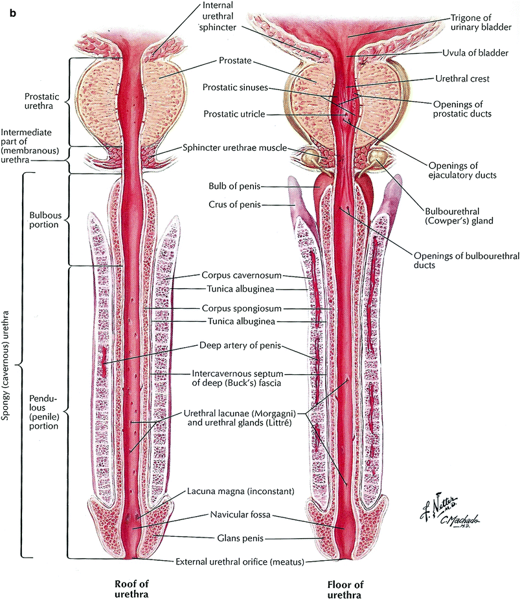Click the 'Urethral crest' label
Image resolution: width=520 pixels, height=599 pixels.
click(x=462, y=79)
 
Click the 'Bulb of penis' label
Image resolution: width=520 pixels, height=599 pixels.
click(x=234, y=186)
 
